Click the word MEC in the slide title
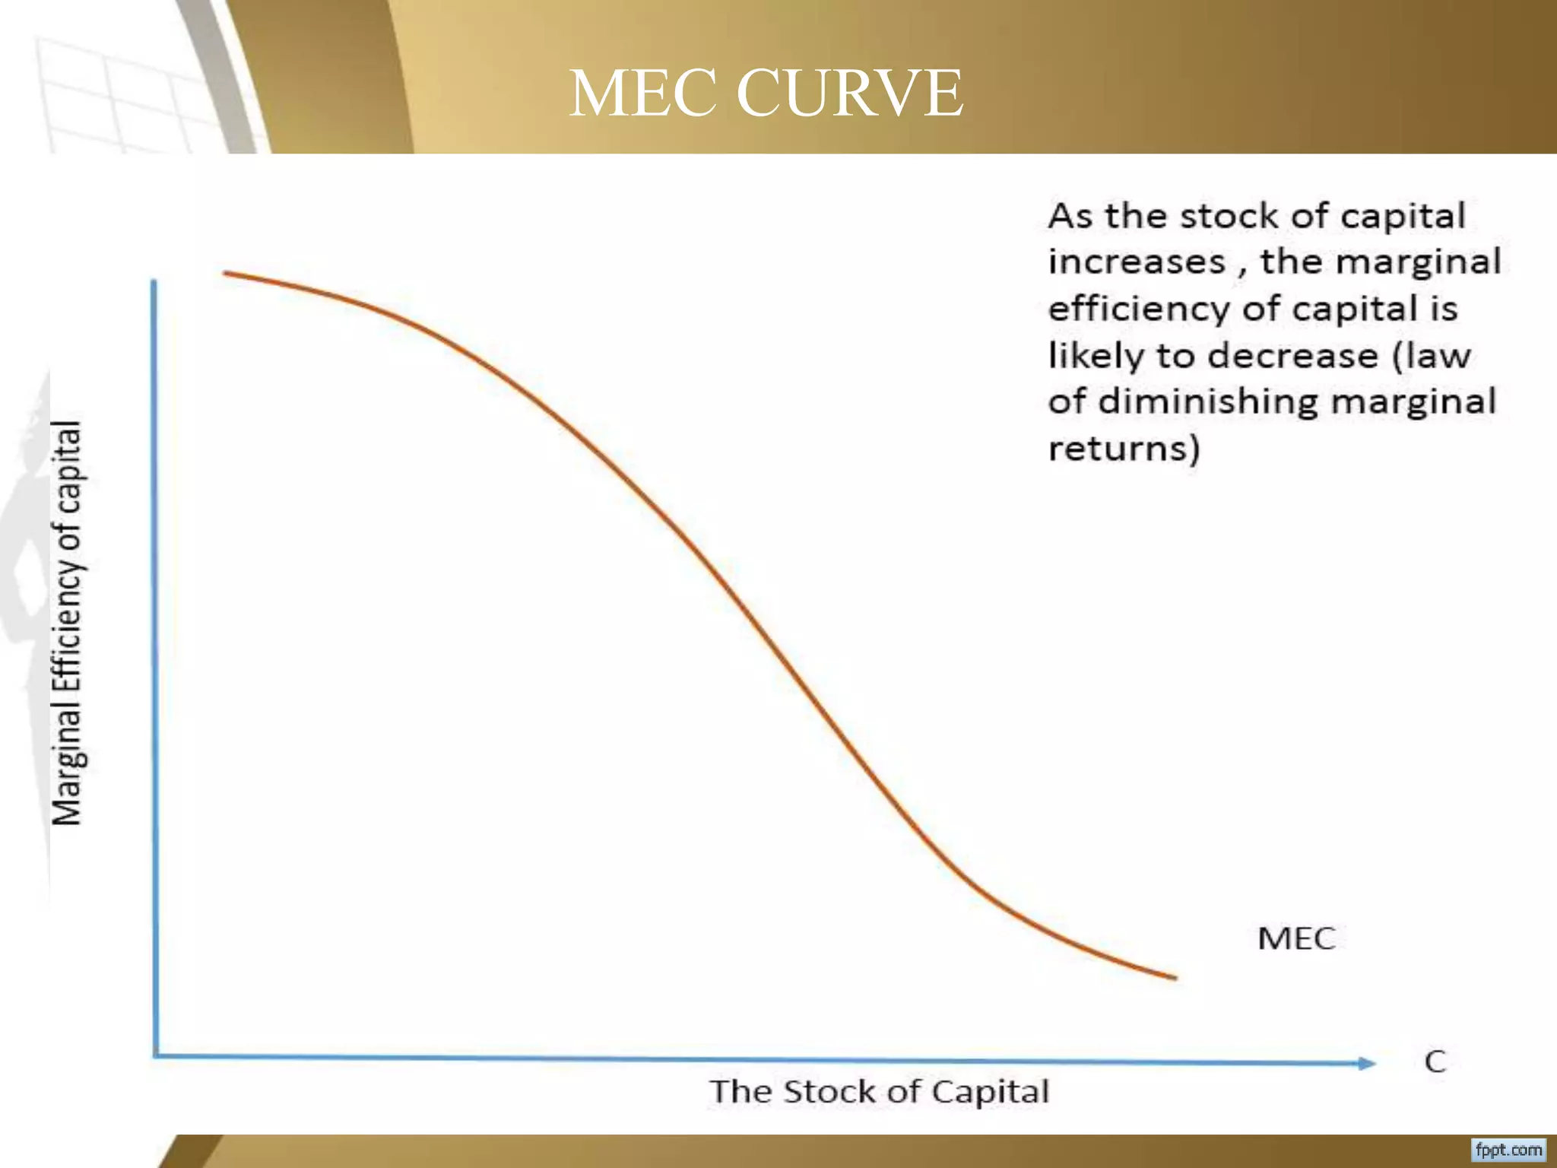[x=642, y=93]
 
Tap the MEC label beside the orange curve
[x=1296, y=938]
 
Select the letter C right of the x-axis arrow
[x=1435, y=1062]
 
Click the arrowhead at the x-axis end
[x=1368, y=1063]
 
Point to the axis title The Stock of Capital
[x=880, y=1092]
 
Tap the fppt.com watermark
[x=1509, y=1149]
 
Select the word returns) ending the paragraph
[x=1124, y=448]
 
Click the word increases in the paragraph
[x=1137, y=262]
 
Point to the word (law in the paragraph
[x=1432, y=356]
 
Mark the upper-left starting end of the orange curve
[x=225, y=272]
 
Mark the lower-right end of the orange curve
[x=1175, y=978]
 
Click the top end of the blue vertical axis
[x=154, y=282]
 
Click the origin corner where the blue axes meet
[x=156, y=1055]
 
